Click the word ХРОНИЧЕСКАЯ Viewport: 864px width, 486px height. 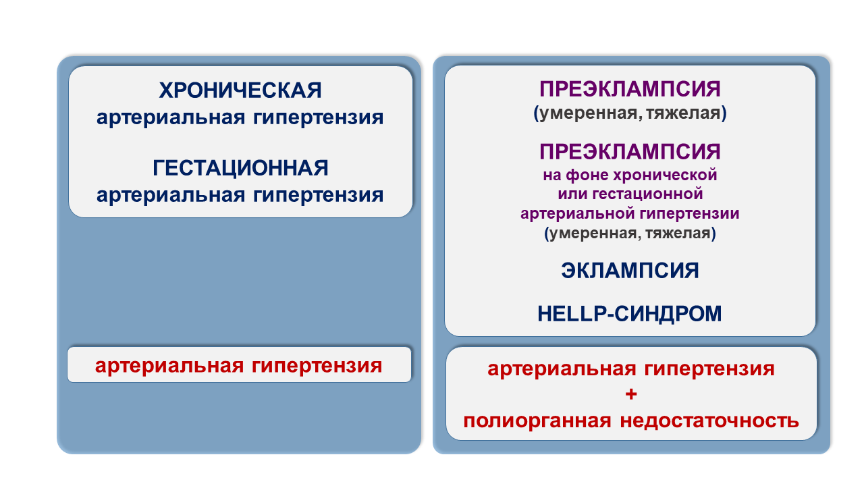click(x=240, y=90)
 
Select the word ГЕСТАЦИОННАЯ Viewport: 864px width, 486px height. click(x=240, y=168)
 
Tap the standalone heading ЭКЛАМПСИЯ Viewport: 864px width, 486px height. click(x=630, y=271)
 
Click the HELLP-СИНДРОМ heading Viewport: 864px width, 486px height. click(x=630, y=313)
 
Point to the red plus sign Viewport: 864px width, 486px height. click(x=631, y=394)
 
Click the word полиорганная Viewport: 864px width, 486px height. click(x=537, y=421)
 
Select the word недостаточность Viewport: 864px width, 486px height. click(x=709, y=421)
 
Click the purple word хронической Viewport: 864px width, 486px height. click(x=665, y=175)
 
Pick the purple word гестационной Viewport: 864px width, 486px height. click(x=647, y=194)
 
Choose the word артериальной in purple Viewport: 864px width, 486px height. click(x=578, y=214)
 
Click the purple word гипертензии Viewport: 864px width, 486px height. click(x=690, y=214)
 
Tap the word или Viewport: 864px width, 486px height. click(x=573, y=194)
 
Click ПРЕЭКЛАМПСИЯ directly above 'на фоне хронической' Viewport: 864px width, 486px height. click(x=630, y=152)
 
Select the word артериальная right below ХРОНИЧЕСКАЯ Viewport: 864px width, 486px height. click(x=171, y=117)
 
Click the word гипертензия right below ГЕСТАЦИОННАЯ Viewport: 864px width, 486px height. click(x=318, y=195)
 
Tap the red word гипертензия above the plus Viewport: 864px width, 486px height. click(x=709, y=369)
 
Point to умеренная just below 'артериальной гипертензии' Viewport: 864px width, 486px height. click(x=593, y=234)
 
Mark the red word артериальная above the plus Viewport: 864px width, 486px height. click(x=562, y=369)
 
